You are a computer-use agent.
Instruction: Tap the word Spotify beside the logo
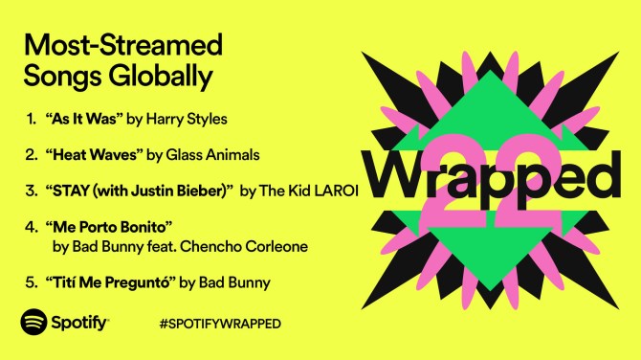[79, 323]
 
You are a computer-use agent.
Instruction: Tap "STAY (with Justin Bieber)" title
[147, 191]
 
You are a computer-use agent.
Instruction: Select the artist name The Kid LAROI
[310, 191]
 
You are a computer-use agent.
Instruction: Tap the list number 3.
[31, 191]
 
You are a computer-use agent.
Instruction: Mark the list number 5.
[31, 282]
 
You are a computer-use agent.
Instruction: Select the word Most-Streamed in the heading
[122, 43]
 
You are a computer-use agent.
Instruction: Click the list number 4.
[31, 227]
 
